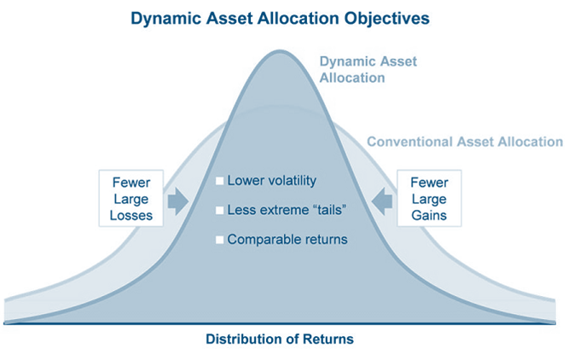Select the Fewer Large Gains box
tap(429, 199)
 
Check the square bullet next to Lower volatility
tap(219, 181)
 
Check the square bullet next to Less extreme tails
tap(219, 210)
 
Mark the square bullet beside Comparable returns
tap(219, 240)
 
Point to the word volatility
tap(287, 181)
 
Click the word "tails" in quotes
tap(339, 210)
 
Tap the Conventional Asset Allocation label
tap(464, 142)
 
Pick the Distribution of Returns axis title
tap(279, 340)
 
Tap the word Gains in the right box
tap(429, 215)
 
